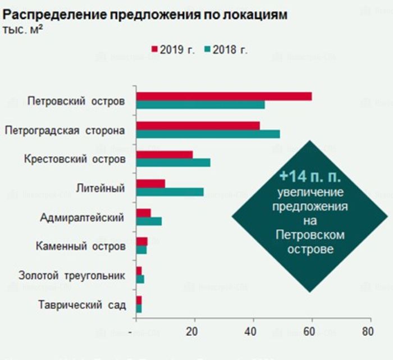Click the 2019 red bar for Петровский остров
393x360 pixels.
tap(224, 96)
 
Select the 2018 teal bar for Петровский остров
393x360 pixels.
tap(200, 104)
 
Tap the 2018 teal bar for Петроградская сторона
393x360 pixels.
tap(208, 134)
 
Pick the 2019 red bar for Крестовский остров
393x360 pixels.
tap(164, 154)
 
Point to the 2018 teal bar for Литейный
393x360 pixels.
tap(170, 192)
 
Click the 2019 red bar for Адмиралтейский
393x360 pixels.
tap(144, 212)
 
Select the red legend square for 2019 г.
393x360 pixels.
tap(155, 49)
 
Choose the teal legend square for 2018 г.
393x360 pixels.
tap(207, 49)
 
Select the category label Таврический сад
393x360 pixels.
tap(82, 306)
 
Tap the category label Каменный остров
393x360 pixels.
tap(80, 247)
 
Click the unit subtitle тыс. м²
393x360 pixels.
tap(22, 29)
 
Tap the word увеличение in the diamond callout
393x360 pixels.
tap(310, 193)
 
